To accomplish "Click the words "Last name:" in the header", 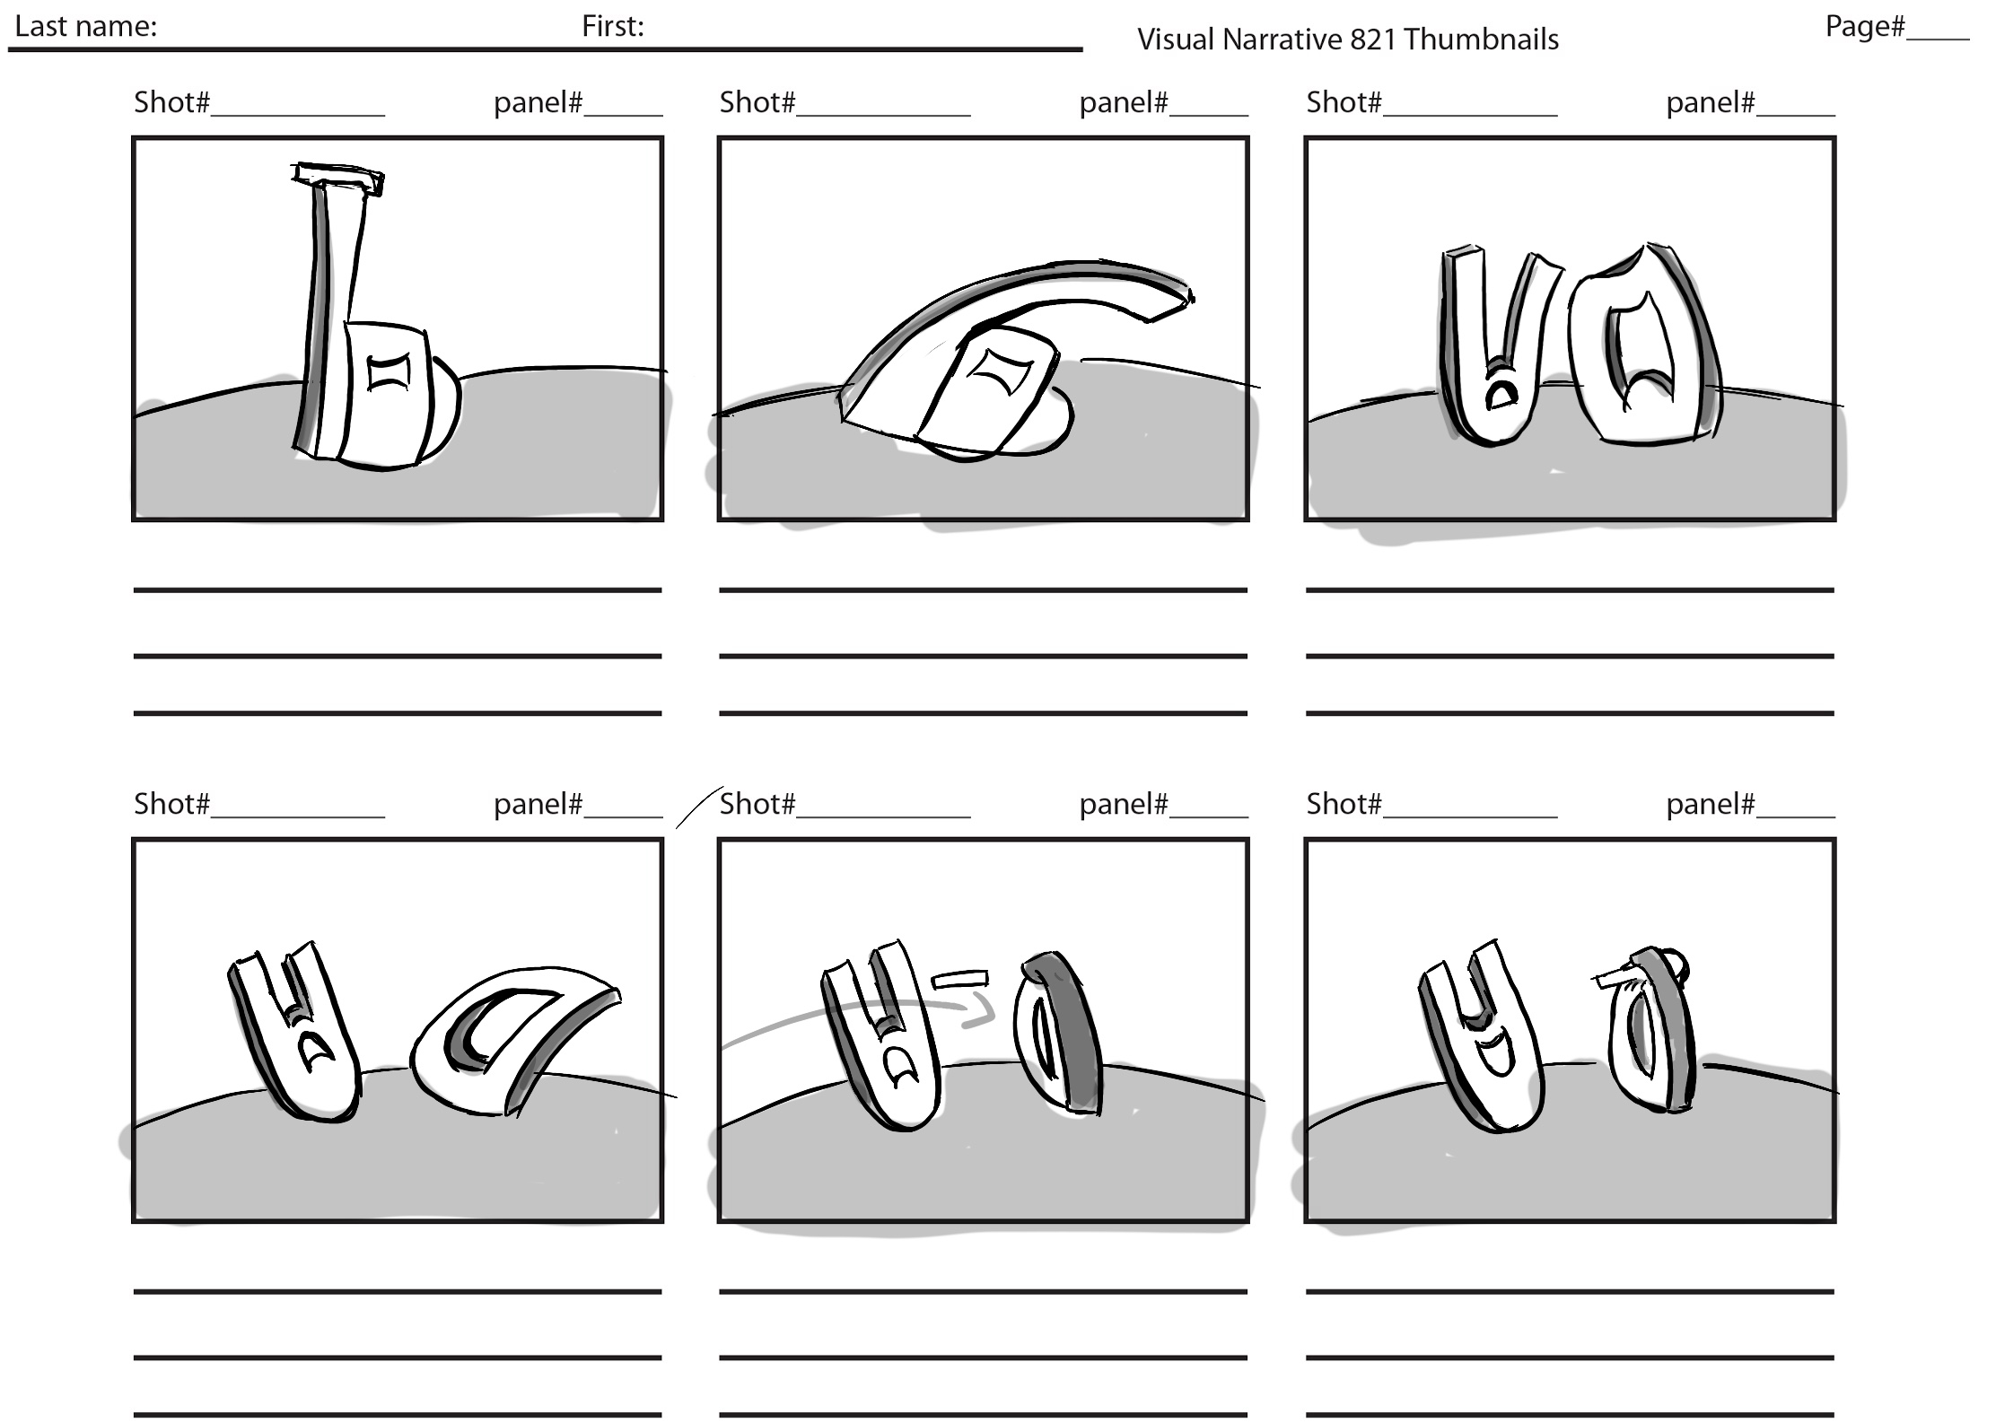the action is (85, 26).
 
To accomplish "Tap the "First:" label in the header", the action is (612, 26).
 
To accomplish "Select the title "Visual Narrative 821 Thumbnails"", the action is (1347, 39).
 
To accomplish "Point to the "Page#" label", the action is (1864, 26).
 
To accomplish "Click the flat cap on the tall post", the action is (337, 178).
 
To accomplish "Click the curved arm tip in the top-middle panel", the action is (1171, 303).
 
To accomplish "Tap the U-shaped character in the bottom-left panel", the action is (296, 1032).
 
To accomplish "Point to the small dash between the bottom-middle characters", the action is (960, 979).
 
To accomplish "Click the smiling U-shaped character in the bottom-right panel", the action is (1481, 1036).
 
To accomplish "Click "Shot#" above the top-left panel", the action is (171, 102).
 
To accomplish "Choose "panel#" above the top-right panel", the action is (1711, 102).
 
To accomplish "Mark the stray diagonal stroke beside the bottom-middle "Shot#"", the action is (698, 807).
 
